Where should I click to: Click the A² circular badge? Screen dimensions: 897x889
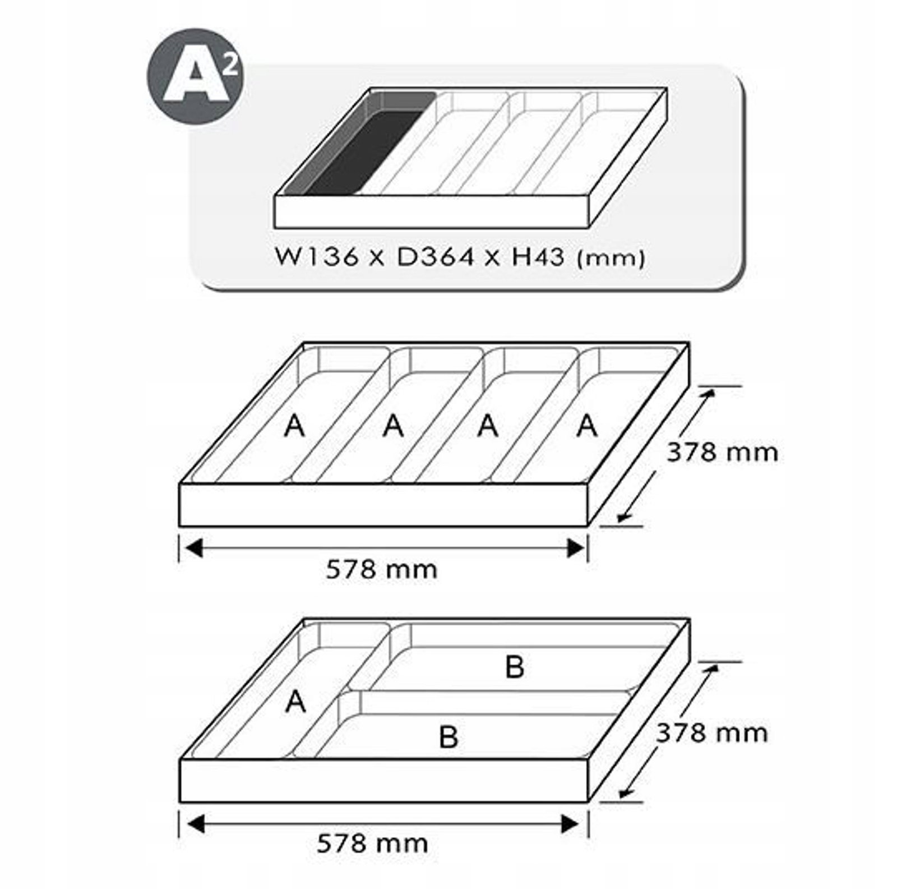pyautogui.click(x=195, y=76)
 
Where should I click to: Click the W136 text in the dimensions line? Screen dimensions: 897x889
pyautogui.click(x=317, y=257)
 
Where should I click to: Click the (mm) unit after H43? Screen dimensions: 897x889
pyautogui.click(x=612, y=259)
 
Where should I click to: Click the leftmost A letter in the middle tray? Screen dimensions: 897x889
pyautogui.click(x=295, y=426)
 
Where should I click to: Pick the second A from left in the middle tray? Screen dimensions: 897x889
pyautogui.click(x=393, y=426)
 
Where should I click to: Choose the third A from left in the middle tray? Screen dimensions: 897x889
pyautogui.click(x=488, y=426)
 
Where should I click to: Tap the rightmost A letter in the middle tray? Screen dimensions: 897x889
pyautogui.click(x=587, y=426)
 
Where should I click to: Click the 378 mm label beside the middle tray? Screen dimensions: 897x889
pyautogui.click(x=722, y=452)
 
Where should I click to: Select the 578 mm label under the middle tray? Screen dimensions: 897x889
pyautogui.click(x=381, y=570)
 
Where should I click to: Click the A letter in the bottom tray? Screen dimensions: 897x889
pyautogui.click(x=295, y=702)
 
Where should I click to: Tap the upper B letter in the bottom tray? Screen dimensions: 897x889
pyautogui.click(x=515, y=667)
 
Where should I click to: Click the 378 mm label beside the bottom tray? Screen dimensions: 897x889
pyautogui.click(x=712, y=733)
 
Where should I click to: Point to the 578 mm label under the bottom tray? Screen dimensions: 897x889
pyautogui.click(x=372, y=844)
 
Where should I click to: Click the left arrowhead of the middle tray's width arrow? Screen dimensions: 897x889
pyautogui.click(x=193, y=547)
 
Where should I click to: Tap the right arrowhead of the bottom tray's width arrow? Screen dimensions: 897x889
pyautogui.click(x=570, y=824)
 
